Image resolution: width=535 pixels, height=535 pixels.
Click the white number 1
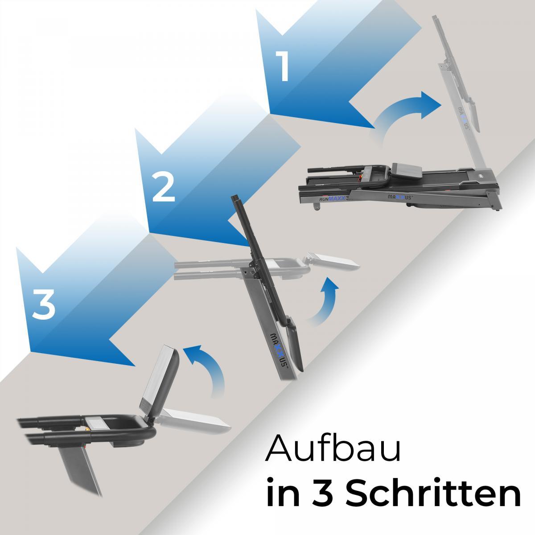click(282, 66)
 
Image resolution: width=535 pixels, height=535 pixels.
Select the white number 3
click(43, 304)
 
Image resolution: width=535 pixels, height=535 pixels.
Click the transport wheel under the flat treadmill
click(317, 206)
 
